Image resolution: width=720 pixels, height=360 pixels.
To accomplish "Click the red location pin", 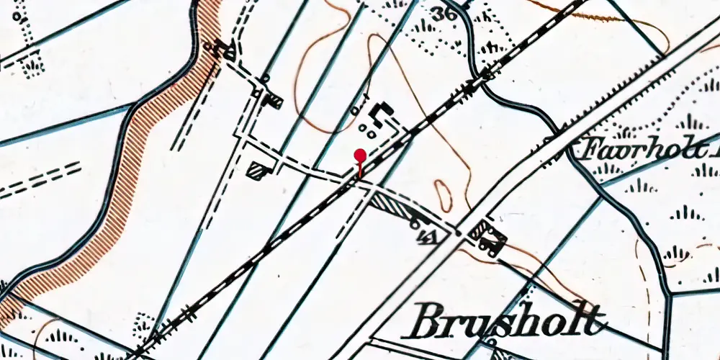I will pos(359,156).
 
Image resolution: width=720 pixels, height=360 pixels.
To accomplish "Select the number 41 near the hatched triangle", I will pos(428,238).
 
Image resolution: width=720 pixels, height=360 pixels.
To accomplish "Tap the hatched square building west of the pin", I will pos(257,169).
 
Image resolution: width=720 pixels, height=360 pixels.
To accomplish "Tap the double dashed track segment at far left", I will pos(40,180).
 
